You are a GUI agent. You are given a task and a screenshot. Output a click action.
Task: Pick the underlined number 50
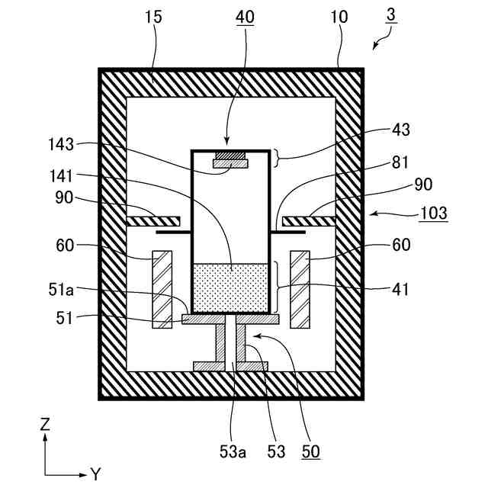[310, 451]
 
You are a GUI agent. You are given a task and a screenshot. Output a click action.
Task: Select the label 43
[400, 130]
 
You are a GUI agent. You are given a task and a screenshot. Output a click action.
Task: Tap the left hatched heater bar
[162, 290]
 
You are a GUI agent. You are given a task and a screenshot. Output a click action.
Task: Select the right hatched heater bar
[300, 290]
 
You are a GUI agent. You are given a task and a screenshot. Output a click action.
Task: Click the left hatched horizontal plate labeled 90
[153, 221]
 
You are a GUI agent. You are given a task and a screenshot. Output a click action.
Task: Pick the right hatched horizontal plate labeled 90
[309, 221]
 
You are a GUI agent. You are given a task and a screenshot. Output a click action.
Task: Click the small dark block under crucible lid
[230, 156]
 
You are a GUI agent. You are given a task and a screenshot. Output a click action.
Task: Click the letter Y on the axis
[95, 474]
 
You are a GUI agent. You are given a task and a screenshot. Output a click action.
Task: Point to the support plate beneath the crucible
[230, 319]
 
